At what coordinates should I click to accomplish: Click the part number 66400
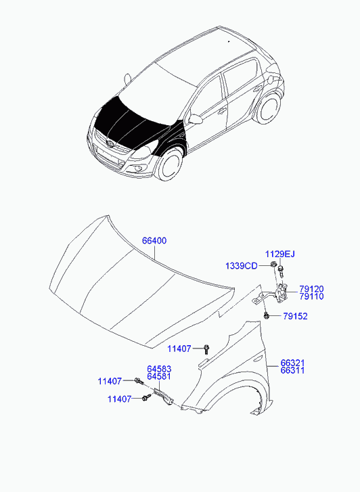(x=154, y=241)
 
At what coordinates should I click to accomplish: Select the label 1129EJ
(x=279, y=254)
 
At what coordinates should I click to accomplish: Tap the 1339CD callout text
(x=242, y=266)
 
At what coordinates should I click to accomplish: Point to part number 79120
(x=312, y=288)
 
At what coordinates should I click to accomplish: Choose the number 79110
(x=312, y=296)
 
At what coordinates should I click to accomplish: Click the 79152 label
(x=295, y=316)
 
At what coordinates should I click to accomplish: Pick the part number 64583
(x=159, y=369)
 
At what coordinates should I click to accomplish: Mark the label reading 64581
(x=159, y=377)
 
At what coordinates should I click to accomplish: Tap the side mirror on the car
(x=196, y=120)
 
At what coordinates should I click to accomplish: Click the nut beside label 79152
(x=269, y=316)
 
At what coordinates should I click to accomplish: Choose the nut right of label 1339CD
(x=271, y=264)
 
